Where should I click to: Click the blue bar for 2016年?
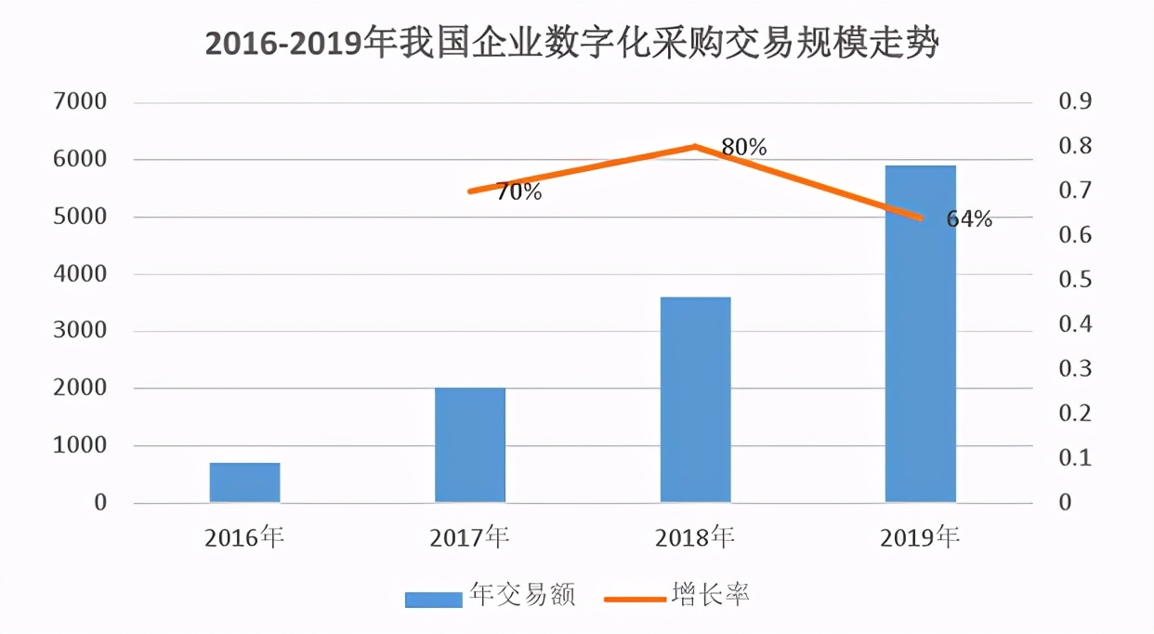(x=244, y=482)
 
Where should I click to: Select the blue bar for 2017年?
(x=470, y=445)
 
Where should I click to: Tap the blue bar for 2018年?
(x=695, y=400)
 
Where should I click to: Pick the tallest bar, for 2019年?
(x=921, y=335)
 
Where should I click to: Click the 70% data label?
(x=518, y=193)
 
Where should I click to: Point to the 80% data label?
(x=744, y=147)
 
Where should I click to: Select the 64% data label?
(x=969, y=219)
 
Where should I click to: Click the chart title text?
(x=571, y=44)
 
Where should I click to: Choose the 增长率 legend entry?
(x=677, y=596)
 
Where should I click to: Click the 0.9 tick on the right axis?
(x=1075, y=101)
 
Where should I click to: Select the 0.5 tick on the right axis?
(x=1075, y=280)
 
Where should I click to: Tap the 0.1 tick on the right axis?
(x=1075, y=458)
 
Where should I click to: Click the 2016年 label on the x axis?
(x=244, y=537)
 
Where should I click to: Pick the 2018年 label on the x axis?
(x=695, y=537)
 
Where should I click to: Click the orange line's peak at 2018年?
(x=695, y=146)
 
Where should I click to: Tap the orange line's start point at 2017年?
(x=470, y=192)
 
